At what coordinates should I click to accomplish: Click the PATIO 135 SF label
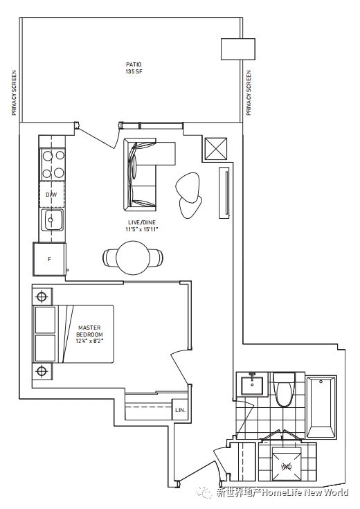134,68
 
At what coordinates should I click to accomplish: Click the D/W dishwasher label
51,195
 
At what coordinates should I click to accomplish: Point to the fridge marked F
49,259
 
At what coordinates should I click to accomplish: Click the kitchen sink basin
52,220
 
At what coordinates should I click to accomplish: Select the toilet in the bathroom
284,389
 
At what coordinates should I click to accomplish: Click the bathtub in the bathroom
321,407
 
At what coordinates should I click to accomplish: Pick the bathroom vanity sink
252,384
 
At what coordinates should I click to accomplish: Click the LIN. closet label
180,410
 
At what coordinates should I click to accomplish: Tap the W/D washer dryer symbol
286,467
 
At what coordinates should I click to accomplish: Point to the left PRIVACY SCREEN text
14,93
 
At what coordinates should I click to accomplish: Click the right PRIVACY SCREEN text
249,93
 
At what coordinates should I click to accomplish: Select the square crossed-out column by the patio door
215,149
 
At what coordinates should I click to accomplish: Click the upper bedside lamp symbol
42,296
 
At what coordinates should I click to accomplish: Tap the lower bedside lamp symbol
42,370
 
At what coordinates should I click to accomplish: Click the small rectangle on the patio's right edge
238,49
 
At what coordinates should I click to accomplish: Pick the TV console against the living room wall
224,193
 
